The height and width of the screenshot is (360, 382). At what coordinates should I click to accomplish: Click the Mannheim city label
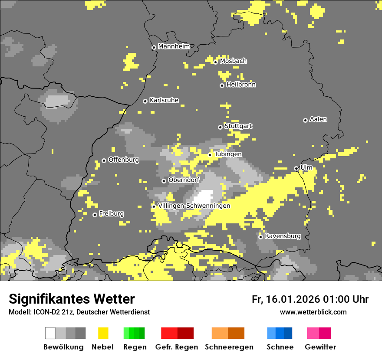tap(174, 46)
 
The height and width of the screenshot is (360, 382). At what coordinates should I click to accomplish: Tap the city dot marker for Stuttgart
tap(220, 127)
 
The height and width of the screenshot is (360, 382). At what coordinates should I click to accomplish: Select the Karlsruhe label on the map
tap(164, 100)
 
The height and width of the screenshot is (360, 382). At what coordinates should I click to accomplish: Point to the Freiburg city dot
tap(95, 215)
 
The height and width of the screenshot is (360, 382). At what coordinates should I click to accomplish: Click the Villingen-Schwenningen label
tap(194, 206)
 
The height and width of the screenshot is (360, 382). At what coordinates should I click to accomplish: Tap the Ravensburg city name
tap(283, 236)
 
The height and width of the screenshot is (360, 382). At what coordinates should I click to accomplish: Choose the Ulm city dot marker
tap(296, 168)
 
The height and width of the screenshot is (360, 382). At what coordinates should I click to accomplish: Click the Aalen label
tap(318, 119)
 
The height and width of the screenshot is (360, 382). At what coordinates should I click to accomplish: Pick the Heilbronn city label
tap(241, 85)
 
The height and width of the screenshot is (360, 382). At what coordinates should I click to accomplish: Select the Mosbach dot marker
tap(215, 62)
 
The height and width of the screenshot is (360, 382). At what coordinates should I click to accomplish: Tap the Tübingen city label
tap(228, 154)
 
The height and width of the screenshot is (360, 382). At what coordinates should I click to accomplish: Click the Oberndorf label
tap(184, 180)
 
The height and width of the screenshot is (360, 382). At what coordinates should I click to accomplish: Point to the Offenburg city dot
tap(104, 160)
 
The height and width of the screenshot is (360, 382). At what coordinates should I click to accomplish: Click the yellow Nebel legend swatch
tap(103, 333)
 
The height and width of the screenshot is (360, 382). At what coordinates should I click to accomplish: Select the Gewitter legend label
tap(320, 347)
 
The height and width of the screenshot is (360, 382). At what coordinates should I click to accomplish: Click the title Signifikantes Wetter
tap(72, 299)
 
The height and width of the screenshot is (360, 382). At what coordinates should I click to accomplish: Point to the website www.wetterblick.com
tap(313, 312)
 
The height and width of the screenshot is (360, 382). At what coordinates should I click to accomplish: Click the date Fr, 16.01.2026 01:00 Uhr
tap(310, 299)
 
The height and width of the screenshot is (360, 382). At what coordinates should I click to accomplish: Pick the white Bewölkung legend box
tap(50, 333)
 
